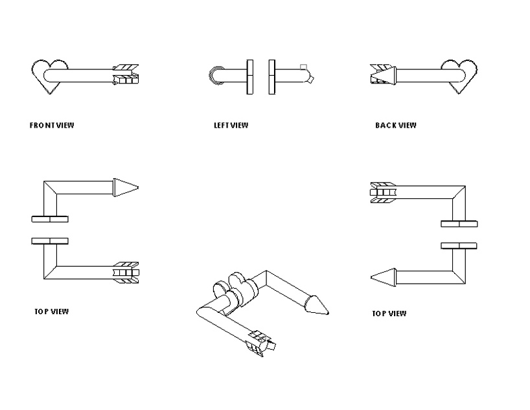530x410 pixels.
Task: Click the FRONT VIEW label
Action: click(52, 125)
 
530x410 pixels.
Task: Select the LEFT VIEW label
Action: click(231, 125)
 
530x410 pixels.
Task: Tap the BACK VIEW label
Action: click(395, 125)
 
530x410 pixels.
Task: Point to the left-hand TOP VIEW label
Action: click(52, 312)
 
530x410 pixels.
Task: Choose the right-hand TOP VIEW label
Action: click(389, 313)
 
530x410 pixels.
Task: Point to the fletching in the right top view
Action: click(383, 192)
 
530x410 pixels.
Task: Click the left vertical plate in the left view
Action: click(249, 76)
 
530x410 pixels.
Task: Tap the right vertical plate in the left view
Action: click(272, 76)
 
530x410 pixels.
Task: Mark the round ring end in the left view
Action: click(216, 75)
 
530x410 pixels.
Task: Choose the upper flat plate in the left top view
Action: click(50, 218)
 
